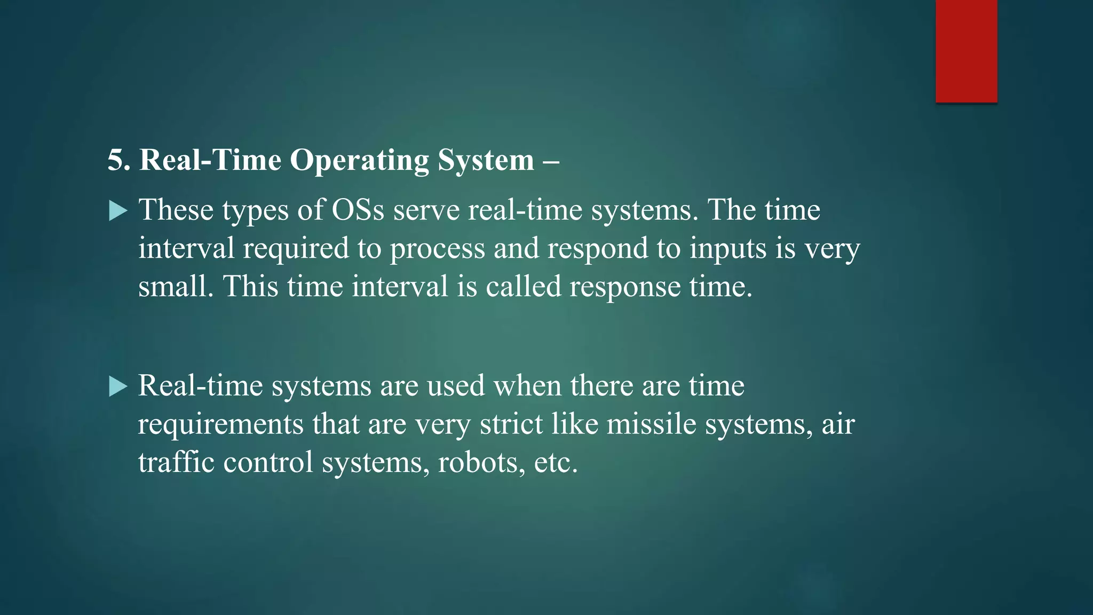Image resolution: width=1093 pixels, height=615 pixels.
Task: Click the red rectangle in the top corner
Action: tap(966, 51)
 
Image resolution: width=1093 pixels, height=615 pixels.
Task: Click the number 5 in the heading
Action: tap(116, 160)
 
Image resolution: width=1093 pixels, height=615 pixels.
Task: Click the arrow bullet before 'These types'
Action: tap(118, 211)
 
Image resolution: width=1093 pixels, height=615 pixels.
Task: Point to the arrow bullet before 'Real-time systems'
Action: tap(118, 387)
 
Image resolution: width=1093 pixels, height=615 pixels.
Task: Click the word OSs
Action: tap(358, 210)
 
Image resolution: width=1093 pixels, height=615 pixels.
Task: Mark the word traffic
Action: tap(176, 462)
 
